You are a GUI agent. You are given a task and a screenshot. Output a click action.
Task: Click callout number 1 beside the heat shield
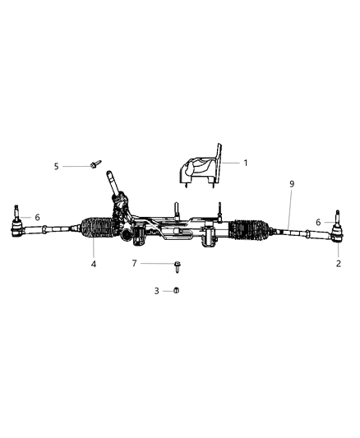point(245,163)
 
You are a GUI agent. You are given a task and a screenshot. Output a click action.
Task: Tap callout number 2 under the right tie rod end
point(338,264)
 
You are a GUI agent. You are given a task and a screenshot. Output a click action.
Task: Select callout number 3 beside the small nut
point(157,291)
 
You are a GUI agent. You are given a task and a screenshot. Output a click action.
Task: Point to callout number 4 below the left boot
point(94,264)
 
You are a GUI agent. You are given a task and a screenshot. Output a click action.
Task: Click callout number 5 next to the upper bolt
point(57,166)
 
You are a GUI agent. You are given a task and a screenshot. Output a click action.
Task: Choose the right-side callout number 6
point(318,222)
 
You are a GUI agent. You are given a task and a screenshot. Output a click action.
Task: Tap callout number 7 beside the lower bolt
point(134,263)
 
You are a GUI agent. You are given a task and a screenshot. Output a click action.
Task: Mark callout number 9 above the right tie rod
point(291,184)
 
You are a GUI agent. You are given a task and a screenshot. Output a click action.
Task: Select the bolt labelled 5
point(95,166)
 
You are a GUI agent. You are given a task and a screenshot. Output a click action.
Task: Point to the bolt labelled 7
point(177,264)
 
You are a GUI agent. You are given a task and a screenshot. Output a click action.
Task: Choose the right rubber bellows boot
point(252,231)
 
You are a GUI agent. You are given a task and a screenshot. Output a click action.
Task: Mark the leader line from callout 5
point(76,166)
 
